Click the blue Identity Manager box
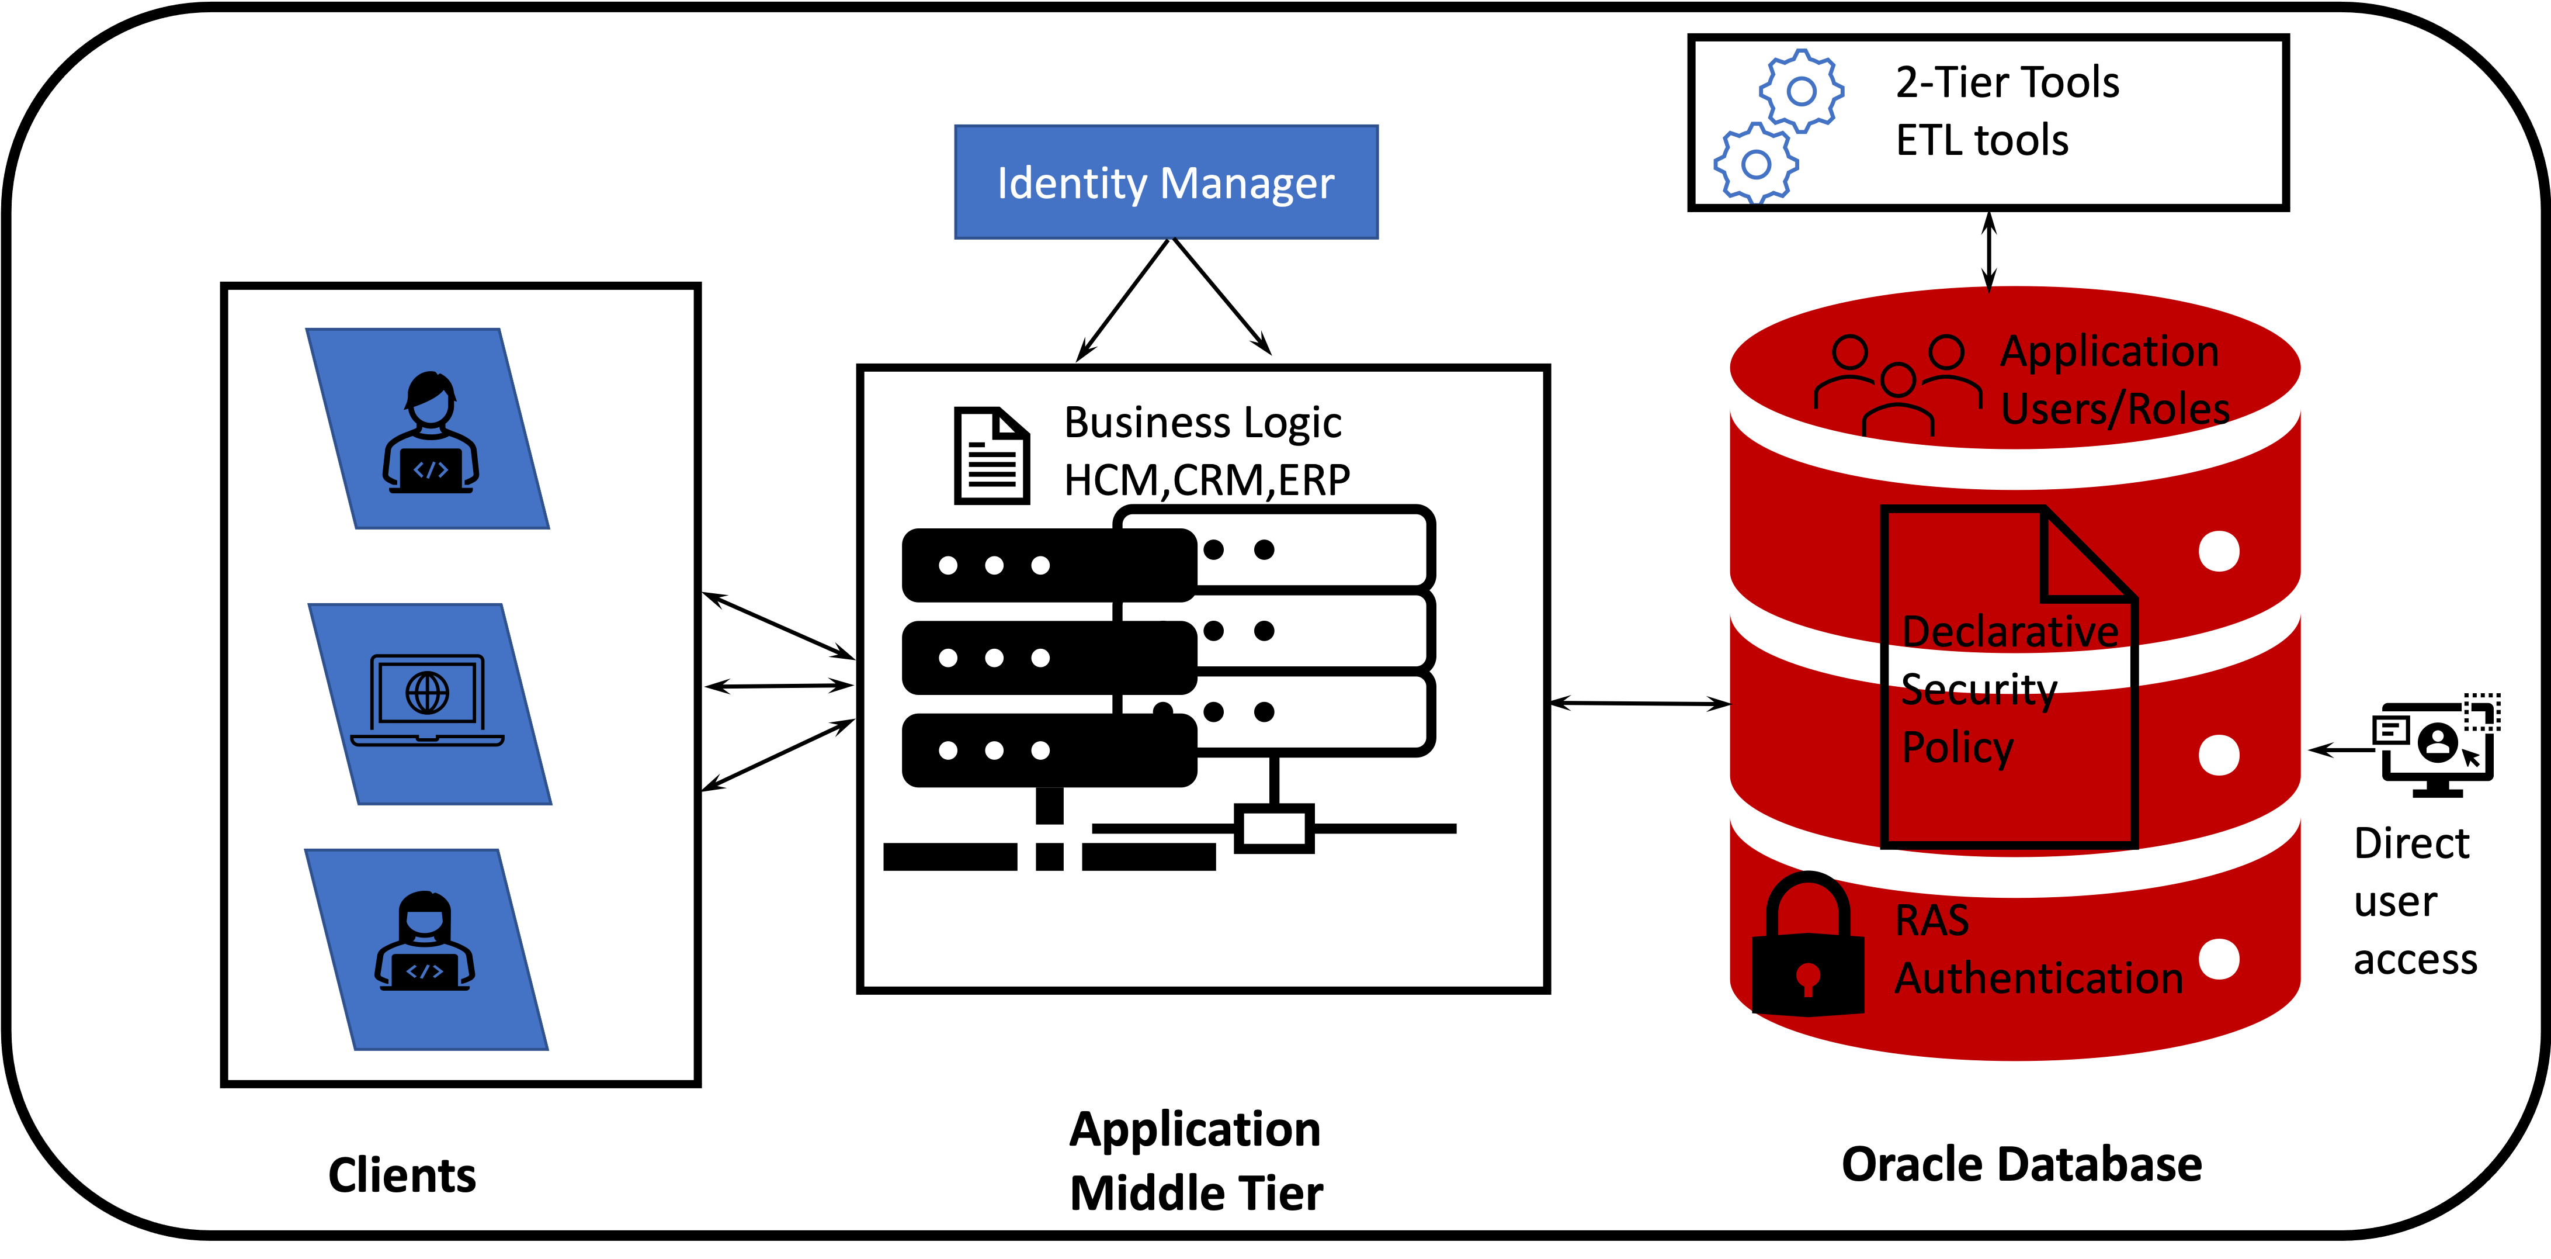pyautogui.click(x=1165, y=182)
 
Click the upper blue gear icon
pyautogui.click(x=1802, y=91)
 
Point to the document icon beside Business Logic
pyautogui.click(x=991, y=456)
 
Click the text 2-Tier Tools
pyautogui.click(x=2007, y=82)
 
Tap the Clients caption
pyautogui.click(x=402, y=1176)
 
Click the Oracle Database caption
pyautogui.click(x=2021, y=1165)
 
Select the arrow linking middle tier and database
pyautogui.click(x=1639, y=703)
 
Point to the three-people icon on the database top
pyautogui.click(x=1897, y=385)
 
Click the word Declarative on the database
pyautogui.click(x=2009, y=632)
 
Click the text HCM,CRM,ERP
pyautogui.click(x=1206, y=480)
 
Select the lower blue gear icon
pyautogui.click(x=1756, y=164)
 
